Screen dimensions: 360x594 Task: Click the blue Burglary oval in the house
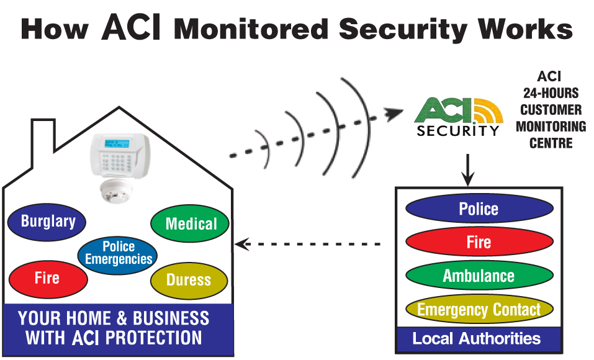click(x=48, y=222)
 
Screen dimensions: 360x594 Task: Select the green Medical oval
click(x=191, y=223)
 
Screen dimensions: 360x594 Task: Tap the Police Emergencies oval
click(x=118, y=253)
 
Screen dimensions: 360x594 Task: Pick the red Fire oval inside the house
click(x=48, y=277)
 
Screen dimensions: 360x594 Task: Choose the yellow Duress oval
click(x=189, y=280)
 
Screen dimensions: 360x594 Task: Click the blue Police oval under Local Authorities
click(x=479, y=209)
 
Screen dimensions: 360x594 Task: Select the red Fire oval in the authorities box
click(x=479, y=242)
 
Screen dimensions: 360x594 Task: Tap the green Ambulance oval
click(x=479, y=276)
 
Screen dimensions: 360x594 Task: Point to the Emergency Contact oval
click(x=479, y=309)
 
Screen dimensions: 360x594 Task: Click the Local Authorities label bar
click(x=477, y=339)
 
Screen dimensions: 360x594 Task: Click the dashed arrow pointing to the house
click(x=307, y=245)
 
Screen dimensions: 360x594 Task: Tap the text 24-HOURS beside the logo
click(x=549, y=94)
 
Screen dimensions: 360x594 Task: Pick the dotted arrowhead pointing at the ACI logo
click(x=392, y=114)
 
